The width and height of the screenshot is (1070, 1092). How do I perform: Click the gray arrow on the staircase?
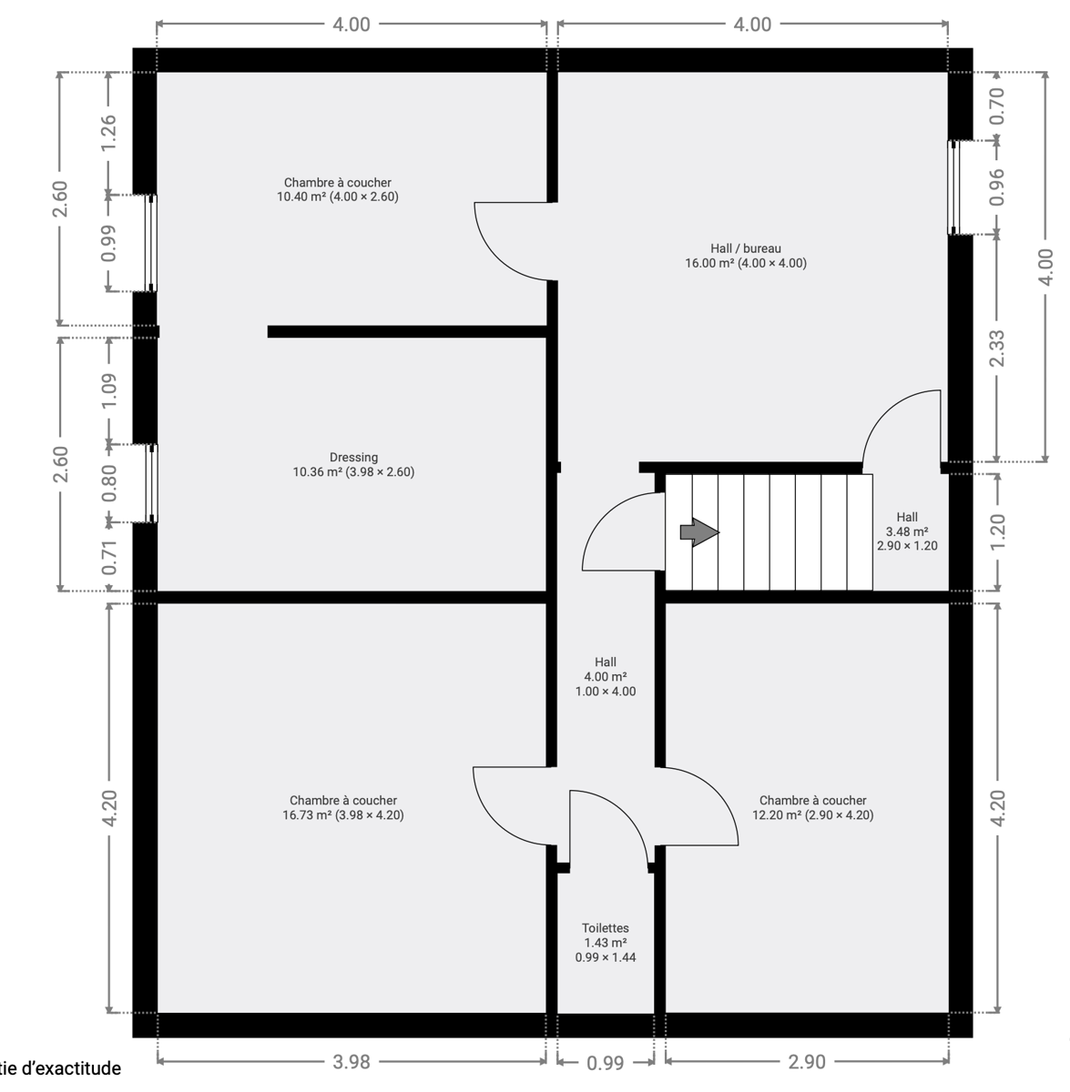pyautogui.click(x=699, y=532)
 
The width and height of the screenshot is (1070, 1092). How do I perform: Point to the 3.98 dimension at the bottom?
pyautogui.click(x=352, y=1061)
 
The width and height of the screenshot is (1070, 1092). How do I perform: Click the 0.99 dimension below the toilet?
pyautogui.click(x=606, y=1063)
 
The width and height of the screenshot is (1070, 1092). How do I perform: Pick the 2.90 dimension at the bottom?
pyautogui.click(x=807, y=1061)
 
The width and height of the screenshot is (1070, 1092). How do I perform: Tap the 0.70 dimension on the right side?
pyautogui.click(x=997, y=106)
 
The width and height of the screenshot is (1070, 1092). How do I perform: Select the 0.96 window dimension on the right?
pyautogui.click(x=997, y=187)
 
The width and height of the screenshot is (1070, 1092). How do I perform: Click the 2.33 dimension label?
pyautogui.click(x=997, y=348)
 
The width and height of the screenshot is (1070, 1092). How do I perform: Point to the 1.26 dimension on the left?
pyautogui.click(x=108, y=133)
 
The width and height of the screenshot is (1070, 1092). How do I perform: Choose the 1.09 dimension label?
pyautogui.click(x=108, y=390)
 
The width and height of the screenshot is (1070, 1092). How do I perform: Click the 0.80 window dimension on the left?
pyautogui.click(x=108, y=483)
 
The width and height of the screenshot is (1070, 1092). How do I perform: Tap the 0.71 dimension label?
pyautogui.click(x=108, y=558)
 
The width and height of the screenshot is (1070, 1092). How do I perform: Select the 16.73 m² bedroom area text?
pyautogui.click(x=343, y=814)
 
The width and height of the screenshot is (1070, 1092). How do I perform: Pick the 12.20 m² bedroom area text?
pyautogui.click(x=812, y=814)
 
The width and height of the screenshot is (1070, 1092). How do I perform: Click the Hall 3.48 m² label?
pyautogui.click(x=907, y=531)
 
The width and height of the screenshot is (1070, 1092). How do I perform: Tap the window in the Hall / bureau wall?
pyautogui.click(x=953, y=187)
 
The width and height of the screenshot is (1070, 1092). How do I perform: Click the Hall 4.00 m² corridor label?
pyautogui.click(x=606, y=676)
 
